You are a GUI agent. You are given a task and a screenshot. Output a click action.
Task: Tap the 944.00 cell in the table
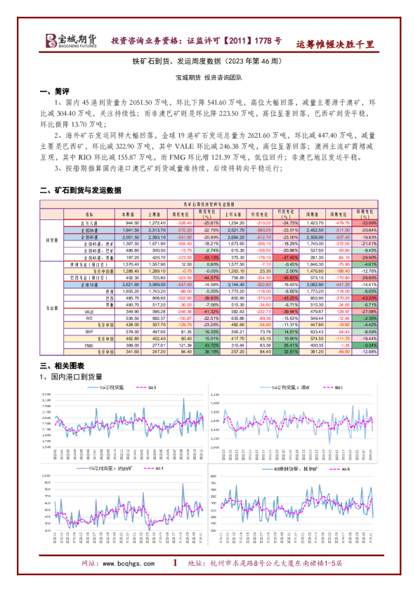133,222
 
